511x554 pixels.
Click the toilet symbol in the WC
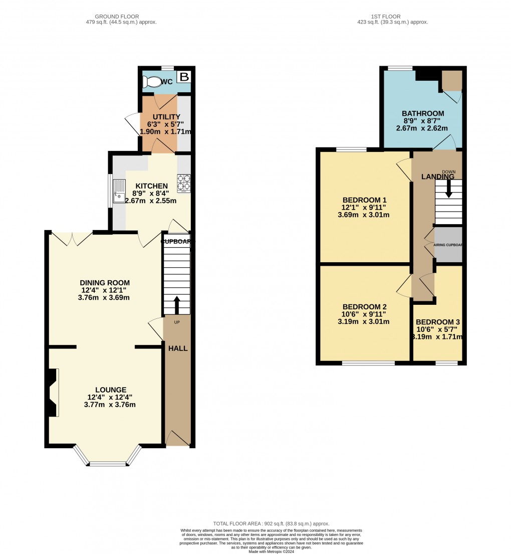[152, 82]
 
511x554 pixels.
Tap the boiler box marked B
[184, 77]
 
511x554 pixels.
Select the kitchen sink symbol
[119, 191]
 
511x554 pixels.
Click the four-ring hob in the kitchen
[183, 183]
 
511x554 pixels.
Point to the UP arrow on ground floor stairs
[176, 304]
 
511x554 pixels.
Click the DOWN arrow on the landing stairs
[448, 188]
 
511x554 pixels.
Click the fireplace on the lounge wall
[53, 393]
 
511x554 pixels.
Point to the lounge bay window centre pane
[108, 464]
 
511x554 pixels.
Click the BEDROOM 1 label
[365, 200]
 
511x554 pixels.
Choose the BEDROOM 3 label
[437, 322]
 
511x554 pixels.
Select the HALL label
[178, 348]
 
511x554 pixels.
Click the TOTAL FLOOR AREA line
[271, 523]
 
